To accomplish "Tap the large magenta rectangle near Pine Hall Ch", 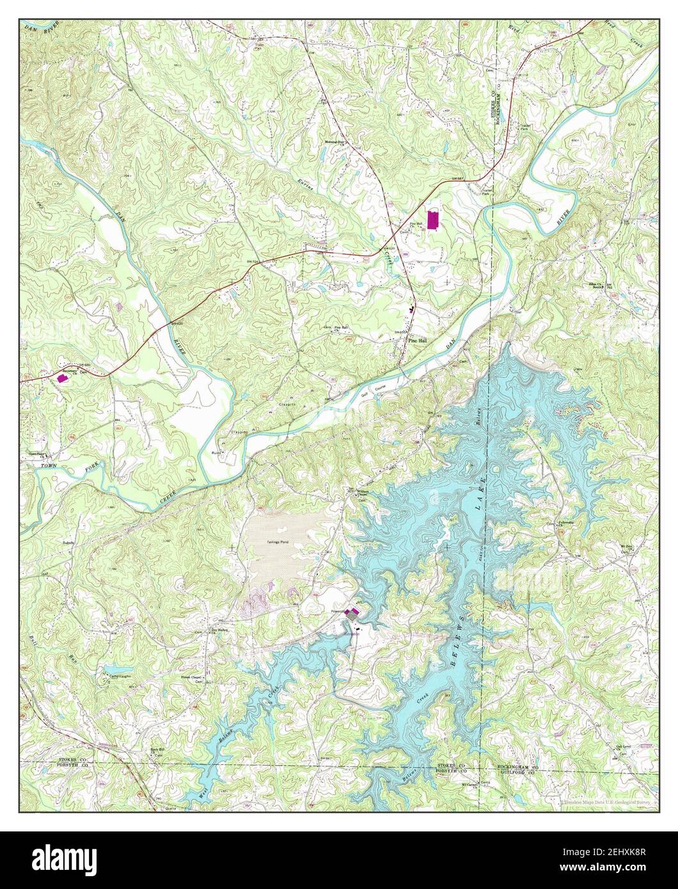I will click(433, 220).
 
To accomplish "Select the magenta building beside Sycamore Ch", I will click(62, 378).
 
